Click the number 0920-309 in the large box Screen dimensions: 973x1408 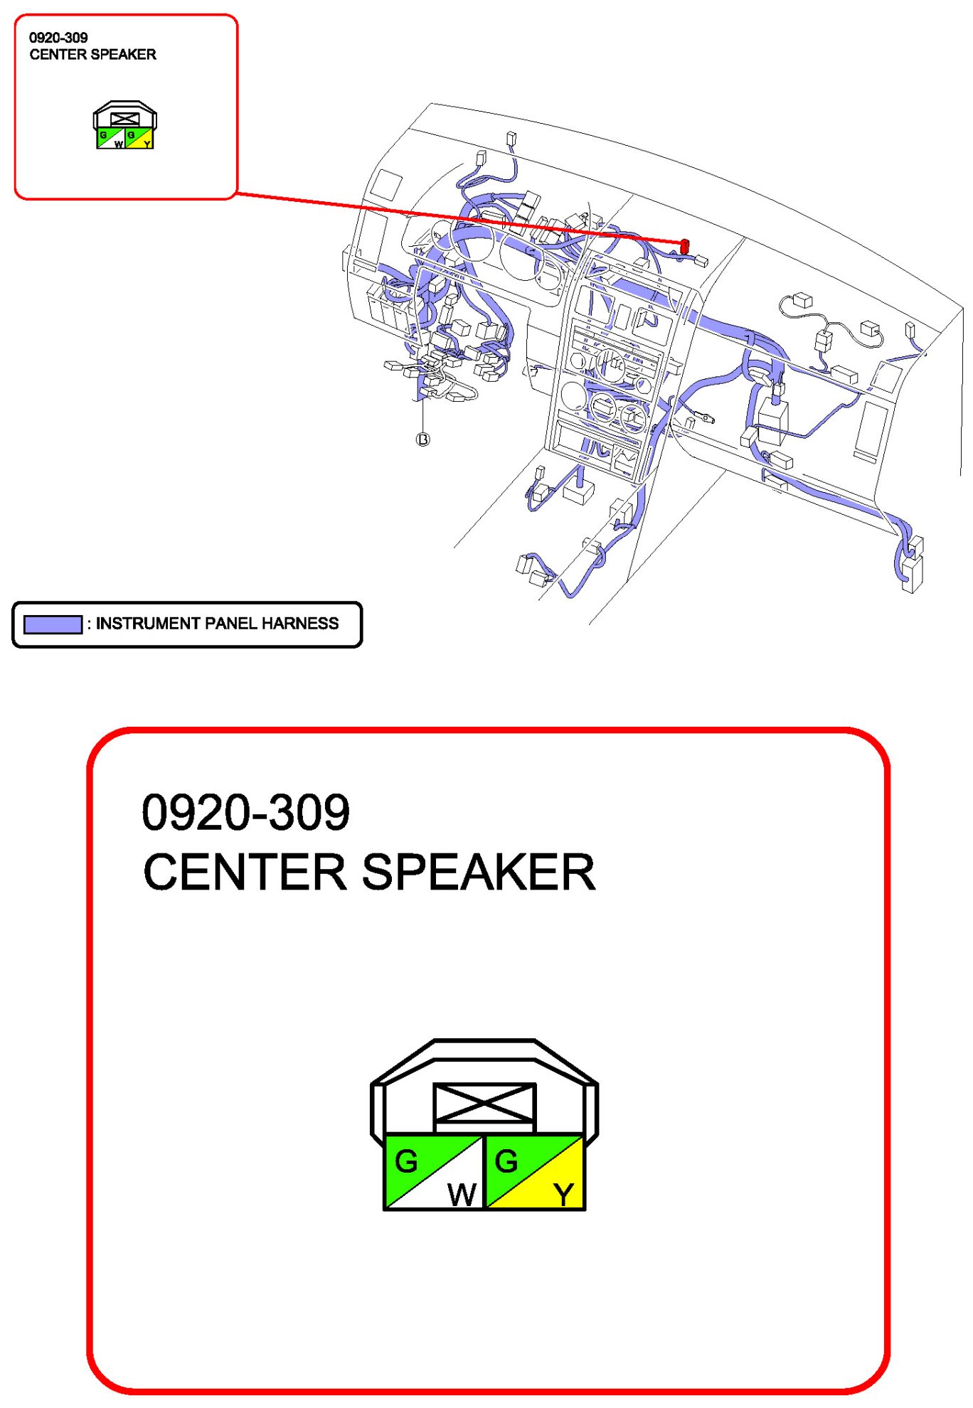pyautogui.click(x=245, y=812)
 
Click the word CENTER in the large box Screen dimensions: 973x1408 pyautogui.click(x=244, y=872)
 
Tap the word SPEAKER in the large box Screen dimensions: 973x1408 pyautogui.click(x=478, y=872)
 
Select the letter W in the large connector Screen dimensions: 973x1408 pyautogui.click(x=462, y=1194)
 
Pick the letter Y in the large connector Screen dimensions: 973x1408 pyautogui.click(x=563, y=1194)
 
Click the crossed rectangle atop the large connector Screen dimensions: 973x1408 pyautogui.click(x=484, y=1103)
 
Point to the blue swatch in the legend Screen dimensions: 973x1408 pyautogui.click(x=53, y=624)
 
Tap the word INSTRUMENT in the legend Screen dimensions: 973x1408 pyautogui.click(x=148, y=624)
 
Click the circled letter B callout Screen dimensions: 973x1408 pyautogui.click(x=422, y=439)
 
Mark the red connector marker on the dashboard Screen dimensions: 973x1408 pyautogui.click(x=684, y=247)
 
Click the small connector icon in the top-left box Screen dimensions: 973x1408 pyautogui.click(x=125, y=125)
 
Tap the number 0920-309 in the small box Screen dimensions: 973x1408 pyautogui.click(x=58, y=38)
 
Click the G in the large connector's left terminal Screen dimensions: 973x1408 pyautogui.click(x=406, y=1162)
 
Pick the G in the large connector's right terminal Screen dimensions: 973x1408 pyautogui.click(x=506, y=1162)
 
